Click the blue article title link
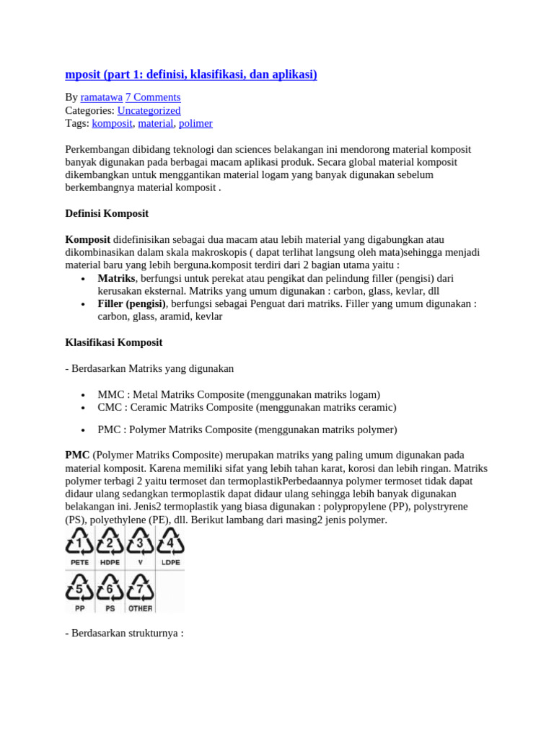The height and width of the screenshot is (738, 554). tap(191, 74)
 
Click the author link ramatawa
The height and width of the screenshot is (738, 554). tap(101, 97)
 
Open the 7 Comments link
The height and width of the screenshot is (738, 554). tap(153, 97)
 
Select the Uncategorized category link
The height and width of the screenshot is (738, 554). tap(149, 110)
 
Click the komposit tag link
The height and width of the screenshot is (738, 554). tap(112, 123)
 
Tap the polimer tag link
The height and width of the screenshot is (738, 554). tap(195, 123)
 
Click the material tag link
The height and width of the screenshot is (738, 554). tap(156, 123)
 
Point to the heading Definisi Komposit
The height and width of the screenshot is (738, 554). tap(107, 213)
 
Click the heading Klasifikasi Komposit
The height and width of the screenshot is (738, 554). tap(113, 342)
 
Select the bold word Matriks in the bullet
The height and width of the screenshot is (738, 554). tap(116, 278)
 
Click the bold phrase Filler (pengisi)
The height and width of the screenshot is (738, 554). tap(131, 304)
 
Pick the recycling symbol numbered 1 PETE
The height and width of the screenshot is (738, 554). tap(79, 546)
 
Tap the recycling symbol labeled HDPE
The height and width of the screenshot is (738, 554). tap(110, 546)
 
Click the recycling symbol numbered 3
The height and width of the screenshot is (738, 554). tap(140, 546)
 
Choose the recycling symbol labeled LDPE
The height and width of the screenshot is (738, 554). tap(170, 546)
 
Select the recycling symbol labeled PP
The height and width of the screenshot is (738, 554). tap(79, 591)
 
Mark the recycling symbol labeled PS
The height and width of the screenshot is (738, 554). tap(110, 591)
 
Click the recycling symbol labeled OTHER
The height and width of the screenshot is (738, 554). tap(140, 591)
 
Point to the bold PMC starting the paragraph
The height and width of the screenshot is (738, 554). tap(77, 455)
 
